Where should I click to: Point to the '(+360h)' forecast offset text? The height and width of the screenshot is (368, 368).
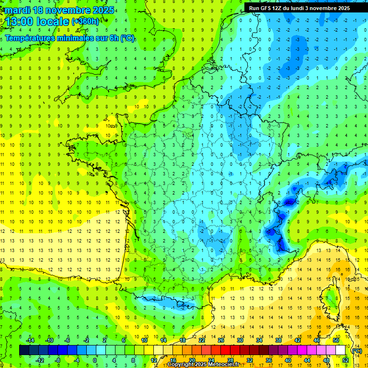[85, 22]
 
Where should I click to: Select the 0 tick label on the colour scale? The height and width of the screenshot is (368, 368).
[95, 360]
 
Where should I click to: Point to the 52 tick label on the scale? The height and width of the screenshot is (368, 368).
[345, 360]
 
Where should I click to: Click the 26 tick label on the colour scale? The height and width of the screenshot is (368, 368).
[221, 340]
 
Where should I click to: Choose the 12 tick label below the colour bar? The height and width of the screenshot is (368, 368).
[154, 360]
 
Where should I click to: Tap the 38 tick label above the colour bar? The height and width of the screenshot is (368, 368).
[278, 340]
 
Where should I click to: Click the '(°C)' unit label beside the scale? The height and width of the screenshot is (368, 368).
[356, 351]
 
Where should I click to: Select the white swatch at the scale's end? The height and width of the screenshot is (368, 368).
[340, 350]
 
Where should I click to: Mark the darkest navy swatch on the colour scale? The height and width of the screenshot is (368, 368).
[24, 350]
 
